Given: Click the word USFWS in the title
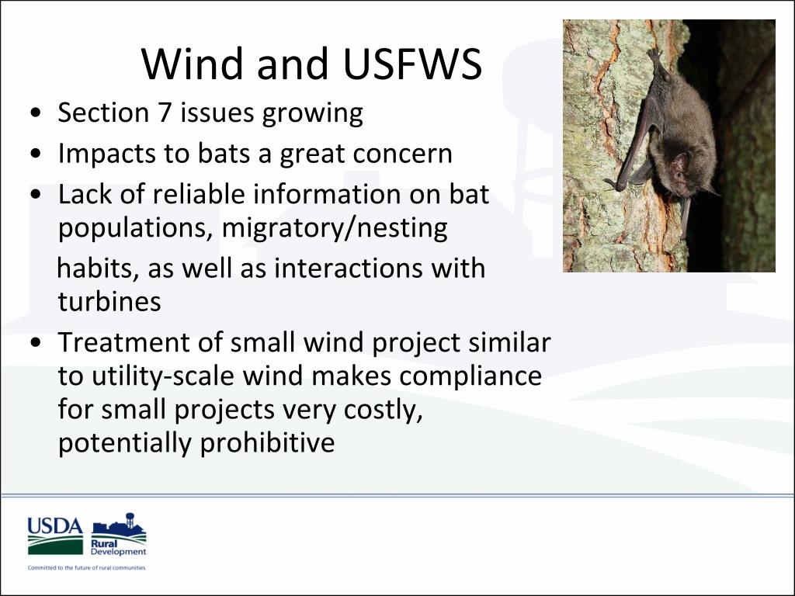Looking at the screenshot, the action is pyautogui.click(x=412, y=64).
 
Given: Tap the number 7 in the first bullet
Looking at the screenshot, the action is pyautogui.click(x=165, y=112).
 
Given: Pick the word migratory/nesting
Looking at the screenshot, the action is pyautogui.click(x=335, y=228).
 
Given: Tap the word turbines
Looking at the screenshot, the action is pyautogui.click(x=109, y=302).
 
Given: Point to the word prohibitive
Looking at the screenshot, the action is pyautogui.click(x=267, y=442).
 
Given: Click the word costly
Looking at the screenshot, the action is pyautogui.click(x=384, y=410).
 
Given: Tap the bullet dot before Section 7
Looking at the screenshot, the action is pyautogui.click(x=36, y=113).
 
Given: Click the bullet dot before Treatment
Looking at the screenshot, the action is pyautogui.click(x=36, y=342).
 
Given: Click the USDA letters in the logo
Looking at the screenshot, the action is pyautogui.click(x=55, y=525).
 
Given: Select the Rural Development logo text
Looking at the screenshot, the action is pyautogui.click(x=118, y=547).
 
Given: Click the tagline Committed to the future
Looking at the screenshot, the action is pyautogui.click(x=87, y=567).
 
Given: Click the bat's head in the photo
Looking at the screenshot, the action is pyautogui.click(x=686, y=174).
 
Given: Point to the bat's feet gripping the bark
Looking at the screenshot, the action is pyautogui.click(x=654, y=56).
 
